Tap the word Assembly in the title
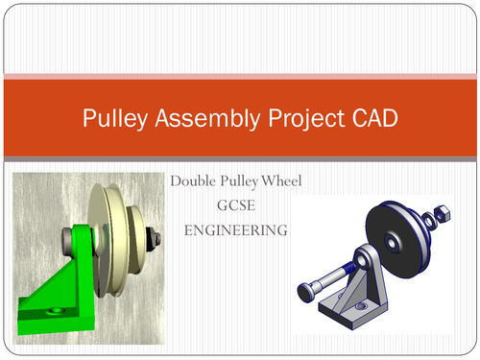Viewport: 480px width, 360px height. coord(189,120)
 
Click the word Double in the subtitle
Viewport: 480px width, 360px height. coord(195,181)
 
